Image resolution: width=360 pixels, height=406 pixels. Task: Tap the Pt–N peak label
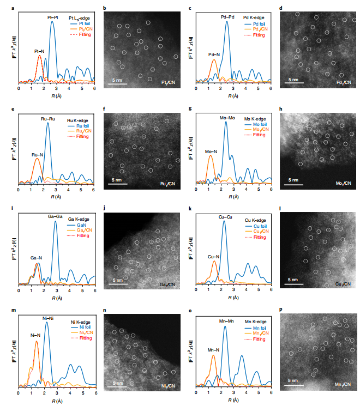click(39, 51)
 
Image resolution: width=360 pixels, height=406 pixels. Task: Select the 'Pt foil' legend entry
click(80, 23)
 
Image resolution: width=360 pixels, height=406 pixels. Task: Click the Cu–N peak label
click(214, 256)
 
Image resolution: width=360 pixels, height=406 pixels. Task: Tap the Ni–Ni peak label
click(47, 317)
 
